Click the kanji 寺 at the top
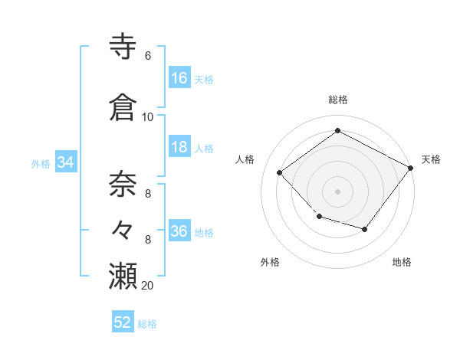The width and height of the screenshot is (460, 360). (123, 47)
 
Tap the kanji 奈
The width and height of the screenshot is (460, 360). (123, 184)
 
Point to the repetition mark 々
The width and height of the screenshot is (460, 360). (123, 229)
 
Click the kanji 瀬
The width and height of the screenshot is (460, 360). (123, 275)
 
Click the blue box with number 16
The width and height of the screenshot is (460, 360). (179, 77)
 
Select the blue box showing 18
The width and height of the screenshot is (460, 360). (179, 147)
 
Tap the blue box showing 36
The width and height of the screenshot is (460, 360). (179, 231)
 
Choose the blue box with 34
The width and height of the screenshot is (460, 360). (66, 162)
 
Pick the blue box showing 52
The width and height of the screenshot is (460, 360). (123, 322)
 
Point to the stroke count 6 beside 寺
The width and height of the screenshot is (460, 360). (147, 56)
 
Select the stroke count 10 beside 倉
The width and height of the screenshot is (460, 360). (148, 117)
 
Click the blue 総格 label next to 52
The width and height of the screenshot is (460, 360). (148, 324)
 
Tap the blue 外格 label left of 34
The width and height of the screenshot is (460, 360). (41, 163)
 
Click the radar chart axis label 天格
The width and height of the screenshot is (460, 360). (432, 159)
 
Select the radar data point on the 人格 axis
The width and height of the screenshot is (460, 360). (280, 173)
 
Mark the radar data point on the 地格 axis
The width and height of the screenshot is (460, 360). (365, 229)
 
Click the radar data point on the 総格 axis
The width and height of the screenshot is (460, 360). (337, 131)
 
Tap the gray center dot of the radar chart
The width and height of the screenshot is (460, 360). (337, 191)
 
